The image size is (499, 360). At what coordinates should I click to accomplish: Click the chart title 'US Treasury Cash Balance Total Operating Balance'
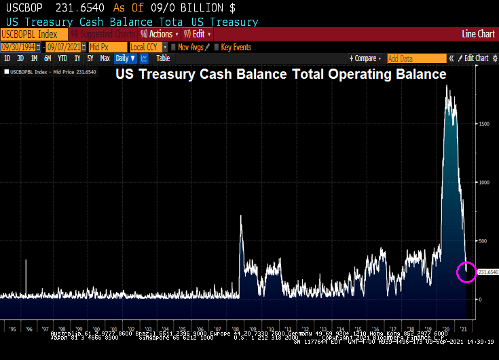[x=280, y=74]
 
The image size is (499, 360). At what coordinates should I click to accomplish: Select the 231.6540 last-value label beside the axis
[x=488, y=272]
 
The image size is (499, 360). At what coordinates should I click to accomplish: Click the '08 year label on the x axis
[x=242, y=324]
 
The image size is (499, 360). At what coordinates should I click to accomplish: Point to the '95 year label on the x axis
[x=14, y=324]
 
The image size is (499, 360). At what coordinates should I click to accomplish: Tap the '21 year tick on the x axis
[x=463, y=324]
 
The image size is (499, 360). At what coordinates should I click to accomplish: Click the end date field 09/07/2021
[x=66, y=47]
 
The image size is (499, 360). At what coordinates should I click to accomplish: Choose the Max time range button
[x=105, y=58]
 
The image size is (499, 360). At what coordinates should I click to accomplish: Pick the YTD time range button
[x=62, y=58]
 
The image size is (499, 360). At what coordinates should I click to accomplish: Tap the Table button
[x=163, y=58]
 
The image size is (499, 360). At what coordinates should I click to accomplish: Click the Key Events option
[x=235, y=47]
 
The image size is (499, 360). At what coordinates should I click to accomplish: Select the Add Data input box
[x=416, y=58]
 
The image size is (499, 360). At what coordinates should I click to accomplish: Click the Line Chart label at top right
[x=478, y=34]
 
